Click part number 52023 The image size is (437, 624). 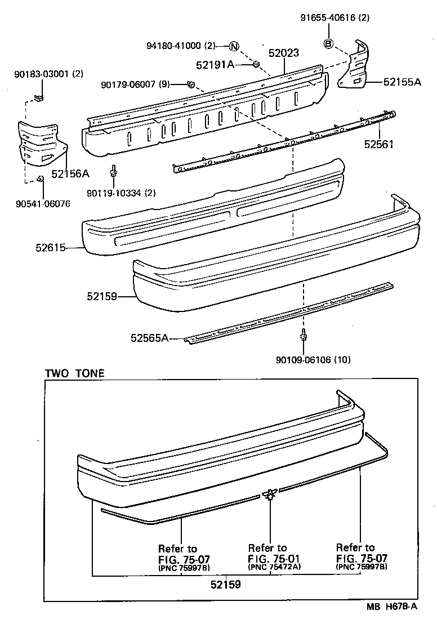[283, 54]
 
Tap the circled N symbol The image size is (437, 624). [234, 46]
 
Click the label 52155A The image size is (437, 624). [402, 82]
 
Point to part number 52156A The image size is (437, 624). [70, 173]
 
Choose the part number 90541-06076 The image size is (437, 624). [43, 203]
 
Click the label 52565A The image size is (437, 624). [149, 338]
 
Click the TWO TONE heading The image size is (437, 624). [74, 373]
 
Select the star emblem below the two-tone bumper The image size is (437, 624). [270, 494]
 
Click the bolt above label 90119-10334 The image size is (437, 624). [114, 171]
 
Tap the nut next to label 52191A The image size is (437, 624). [256, 65]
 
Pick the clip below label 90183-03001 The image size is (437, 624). [38, 98]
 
